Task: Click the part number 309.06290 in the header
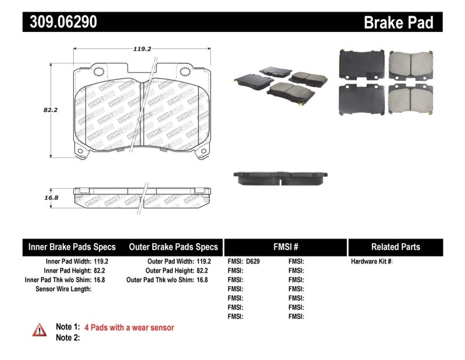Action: tap(60, 22)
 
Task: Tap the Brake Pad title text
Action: tap(398, 23)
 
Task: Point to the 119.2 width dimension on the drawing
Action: tap(142, 49)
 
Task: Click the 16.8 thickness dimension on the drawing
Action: tap(35, 198)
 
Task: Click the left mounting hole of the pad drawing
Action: tap(99, 72)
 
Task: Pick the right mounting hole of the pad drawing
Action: tap(186, 72)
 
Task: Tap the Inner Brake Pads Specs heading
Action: tap(72, 247)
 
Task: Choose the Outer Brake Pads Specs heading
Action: tap(173, 247)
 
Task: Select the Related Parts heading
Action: tap(395, 247)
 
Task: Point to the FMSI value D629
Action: tap(253, 262)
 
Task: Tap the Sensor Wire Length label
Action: tap(63, 288)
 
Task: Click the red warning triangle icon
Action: tap(39, 330)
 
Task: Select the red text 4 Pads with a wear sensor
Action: tap(129, 327)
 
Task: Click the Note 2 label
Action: tap(67, 338)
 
